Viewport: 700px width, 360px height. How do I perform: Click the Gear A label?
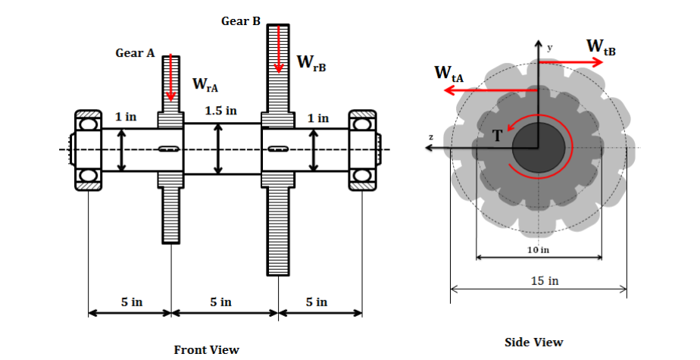tap(135, 54)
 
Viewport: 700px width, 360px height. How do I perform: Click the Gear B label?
tap(240, 21)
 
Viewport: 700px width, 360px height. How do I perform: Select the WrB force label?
tap(311, 62)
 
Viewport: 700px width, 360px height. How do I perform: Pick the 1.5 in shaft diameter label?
tap(221, 111)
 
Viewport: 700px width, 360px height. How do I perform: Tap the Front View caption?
tap(207, 349)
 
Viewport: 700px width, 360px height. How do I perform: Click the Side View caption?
tap(533, 342)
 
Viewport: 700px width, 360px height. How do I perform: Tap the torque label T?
tap(497, 136)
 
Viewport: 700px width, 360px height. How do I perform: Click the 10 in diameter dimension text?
tap(538, 249)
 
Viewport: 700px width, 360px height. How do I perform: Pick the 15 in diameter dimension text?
tap(544, 281)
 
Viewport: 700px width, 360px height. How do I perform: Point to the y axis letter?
tap(550, 47)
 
